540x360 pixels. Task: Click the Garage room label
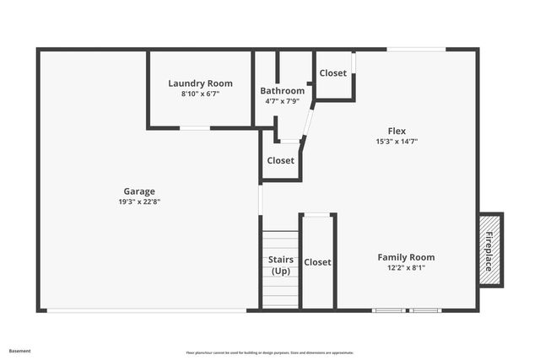pos(139,191)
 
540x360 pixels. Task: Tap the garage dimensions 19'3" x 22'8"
pos(139,201)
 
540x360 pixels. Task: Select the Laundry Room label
pos(200,83)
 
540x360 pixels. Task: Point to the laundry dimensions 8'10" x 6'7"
pos(200,94)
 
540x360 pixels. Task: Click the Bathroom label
pos(282,91)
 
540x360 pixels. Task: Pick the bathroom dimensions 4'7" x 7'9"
pos(282,101)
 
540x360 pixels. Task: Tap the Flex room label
pos(397,131)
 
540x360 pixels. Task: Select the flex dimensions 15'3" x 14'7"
pos(397,142)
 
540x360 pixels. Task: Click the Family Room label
pos(406,257)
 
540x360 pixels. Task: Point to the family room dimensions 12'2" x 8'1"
pos(406,267)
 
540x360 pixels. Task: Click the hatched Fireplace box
pos(490,250)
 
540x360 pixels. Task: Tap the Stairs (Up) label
pos(280,265)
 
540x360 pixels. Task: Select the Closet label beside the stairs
pos(317,262)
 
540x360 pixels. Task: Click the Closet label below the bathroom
pos(280,160)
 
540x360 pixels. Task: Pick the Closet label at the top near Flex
pos(332,73)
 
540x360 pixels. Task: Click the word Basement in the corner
pos(19,350)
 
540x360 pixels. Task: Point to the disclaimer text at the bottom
pos(270,352)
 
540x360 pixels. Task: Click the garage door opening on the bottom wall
pos(146,310)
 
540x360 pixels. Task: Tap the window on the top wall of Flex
pos(416,49)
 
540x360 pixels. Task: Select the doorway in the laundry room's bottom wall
pos(195,128)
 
